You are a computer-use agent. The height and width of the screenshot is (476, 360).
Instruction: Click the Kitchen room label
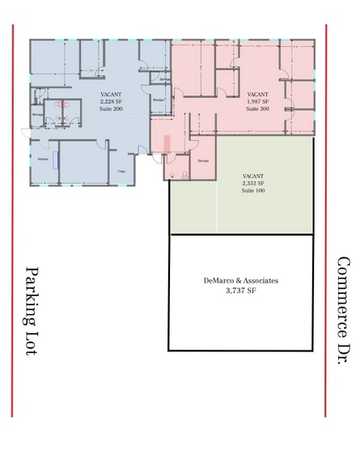coord(42,159)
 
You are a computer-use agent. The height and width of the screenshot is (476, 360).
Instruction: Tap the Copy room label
coord(121,171)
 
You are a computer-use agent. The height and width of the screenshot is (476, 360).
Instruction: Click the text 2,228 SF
coord(111,101)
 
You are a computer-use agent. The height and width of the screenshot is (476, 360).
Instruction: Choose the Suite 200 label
coord(111,108)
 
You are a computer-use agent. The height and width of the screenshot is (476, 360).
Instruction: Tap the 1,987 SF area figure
coord(257,100)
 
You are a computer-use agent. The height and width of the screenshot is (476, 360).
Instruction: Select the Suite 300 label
coord(257,107)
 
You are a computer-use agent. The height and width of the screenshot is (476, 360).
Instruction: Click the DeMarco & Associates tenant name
coord(241,280)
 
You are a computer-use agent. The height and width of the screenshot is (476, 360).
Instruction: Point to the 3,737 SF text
coord(241,290)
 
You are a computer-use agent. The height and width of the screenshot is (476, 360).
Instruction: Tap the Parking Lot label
coord(33,312)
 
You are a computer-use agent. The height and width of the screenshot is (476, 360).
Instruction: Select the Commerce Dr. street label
coord(342,312)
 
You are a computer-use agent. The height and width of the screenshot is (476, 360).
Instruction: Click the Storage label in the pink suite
coord(203,160)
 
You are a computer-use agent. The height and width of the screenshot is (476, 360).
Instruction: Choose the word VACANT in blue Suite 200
coord(111,95)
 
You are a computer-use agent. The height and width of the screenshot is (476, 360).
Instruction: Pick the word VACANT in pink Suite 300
coord(257,94)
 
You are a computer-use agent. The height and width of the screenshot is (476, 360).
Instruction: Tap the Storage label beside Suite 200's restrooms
coord(37,115)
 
